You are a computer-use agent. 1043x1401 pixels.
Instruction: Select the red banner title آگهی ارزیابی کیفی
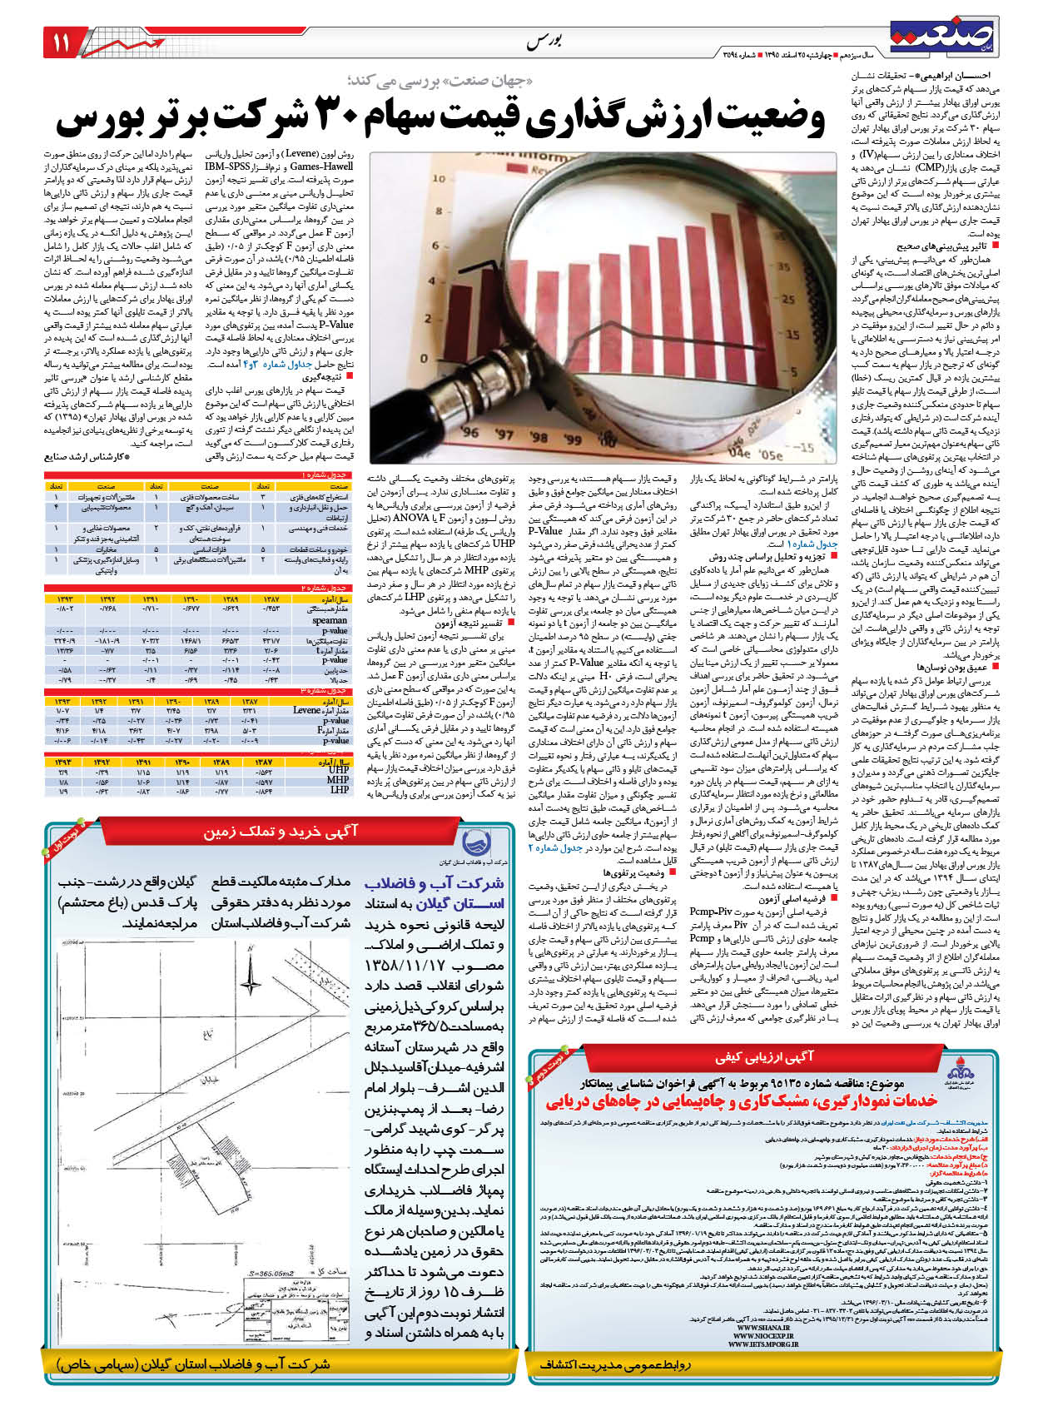(x=764, y=1057)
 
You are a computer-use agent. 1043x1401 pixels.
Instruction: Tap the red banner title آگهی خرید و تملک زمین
(x=281, y=831)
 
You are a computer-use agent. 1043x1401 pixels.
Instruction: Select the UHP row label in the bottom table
(x=339, y=770)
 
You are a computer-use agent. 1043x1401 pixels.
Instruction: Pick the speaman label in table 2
(x=330, y=619)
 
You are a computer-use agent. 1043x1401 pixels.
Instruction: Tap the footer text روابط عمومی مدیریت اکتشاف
(x=614, y=1366)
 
